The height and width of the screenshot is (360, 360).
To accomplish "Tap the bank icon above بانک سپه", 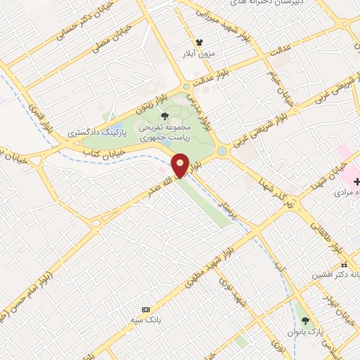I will [x=146, y=309].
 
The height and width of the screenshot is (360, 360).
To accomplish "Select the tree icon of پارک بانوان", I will [x=304, y=320].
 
